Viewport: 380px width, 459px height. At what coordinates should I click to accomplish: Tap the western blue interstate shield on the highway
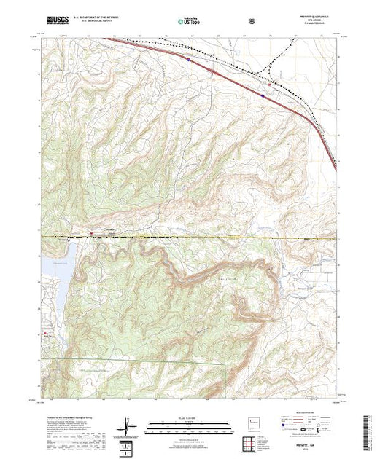pyautogui.click(x=188, y=61)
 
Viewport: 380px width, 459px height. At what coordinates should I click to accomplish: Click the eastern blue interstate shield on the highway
pyautogui.click(x=262, y=94)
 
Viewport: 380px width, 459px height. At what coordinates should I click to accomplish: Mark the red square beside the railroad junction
pyautogui.click(x=269, y=85)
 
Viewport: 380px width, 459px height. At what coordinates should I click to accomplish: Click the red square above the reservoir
pyautogui.click(x=90, y=234)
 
